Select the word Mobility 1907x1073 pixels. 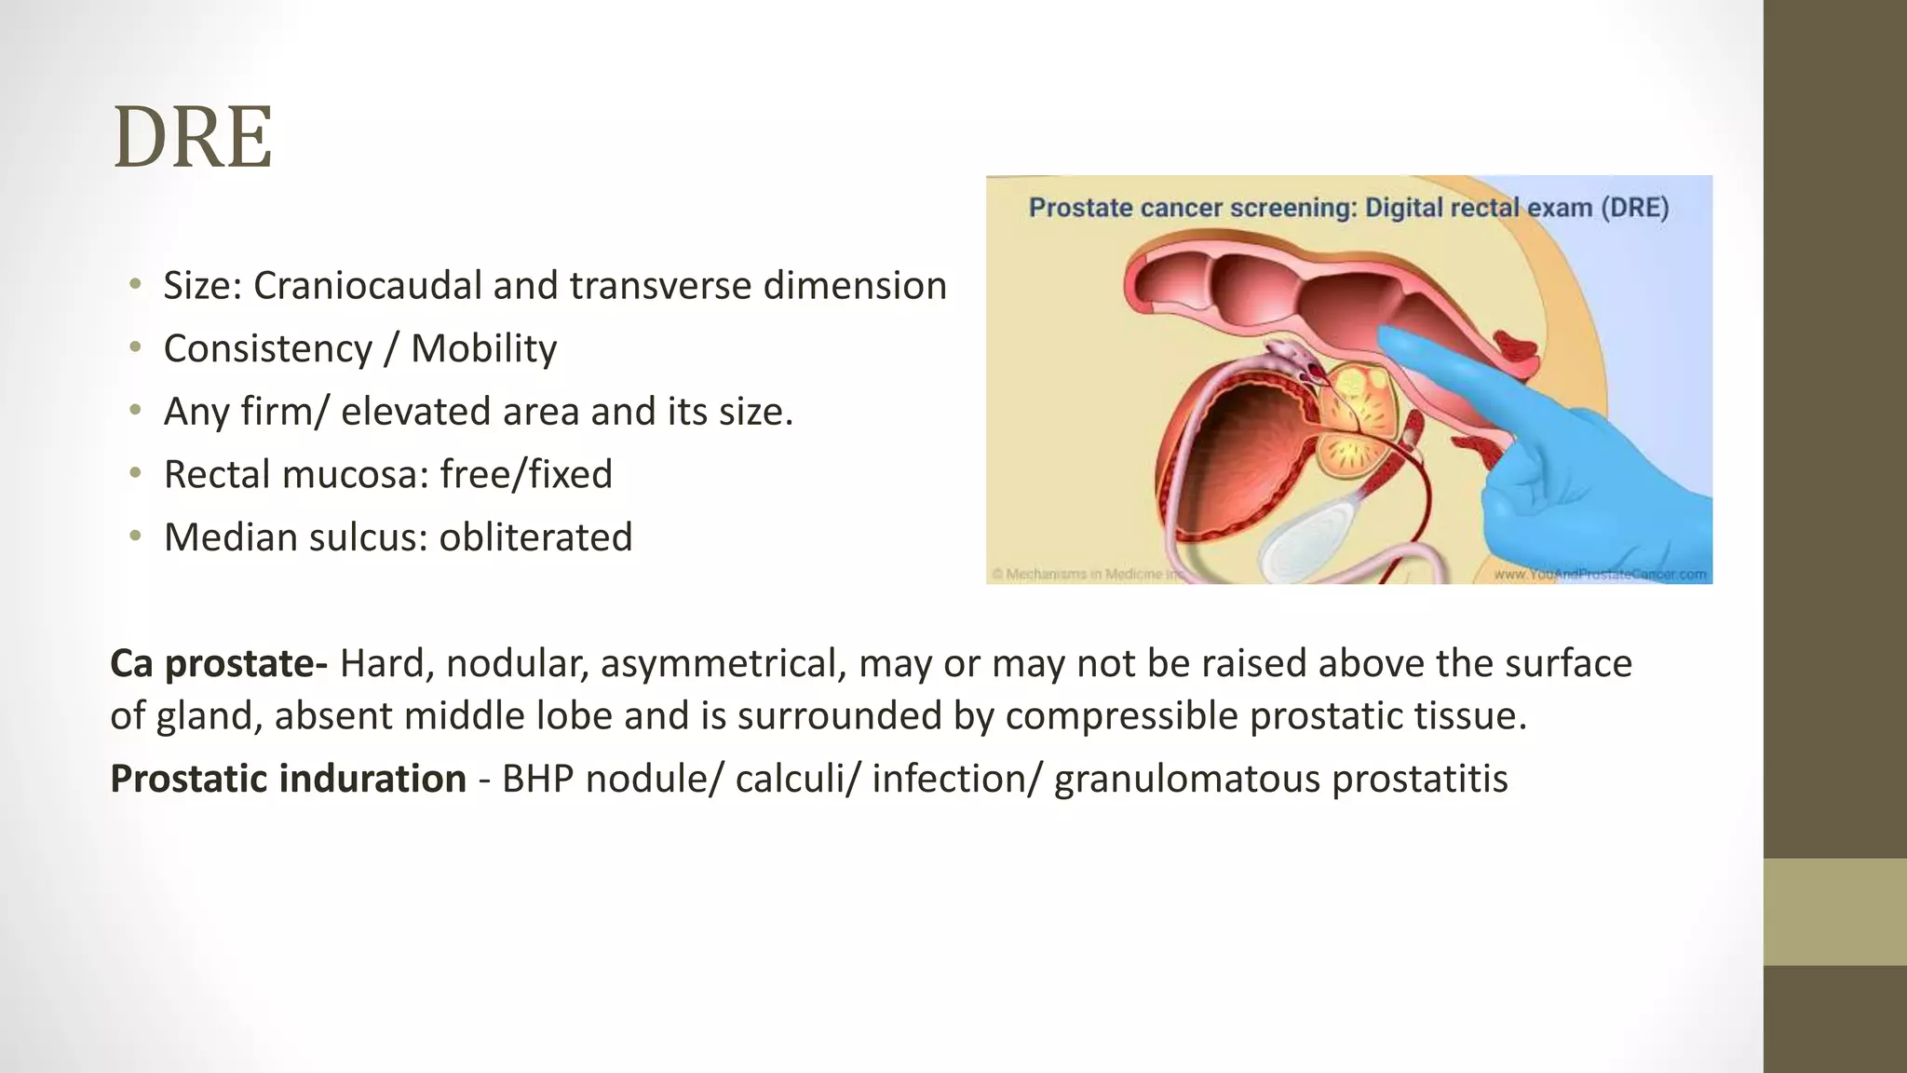pyautogui.click(x=483, y=349)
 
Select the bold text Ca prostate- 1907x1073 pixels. pyautogui.click(x=218, y=664)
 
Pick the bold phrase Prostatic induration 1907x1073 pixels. pyautogui.click(x=288, y=779)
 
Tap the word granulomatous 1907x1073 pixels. pyautogui.click(x=1186, y=779)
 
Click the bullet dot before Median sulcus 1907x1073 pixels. pyautogui.click(x=136, y=536)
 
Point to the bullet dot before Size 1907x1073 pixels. pyautogui.click(x=136, y=284)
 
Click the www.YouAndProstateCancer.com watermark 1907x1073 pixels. pyautogui.click(x=1600, y=575)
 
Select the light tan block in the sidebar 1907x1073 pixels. pyautogui.click(x=1834, y=911)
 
